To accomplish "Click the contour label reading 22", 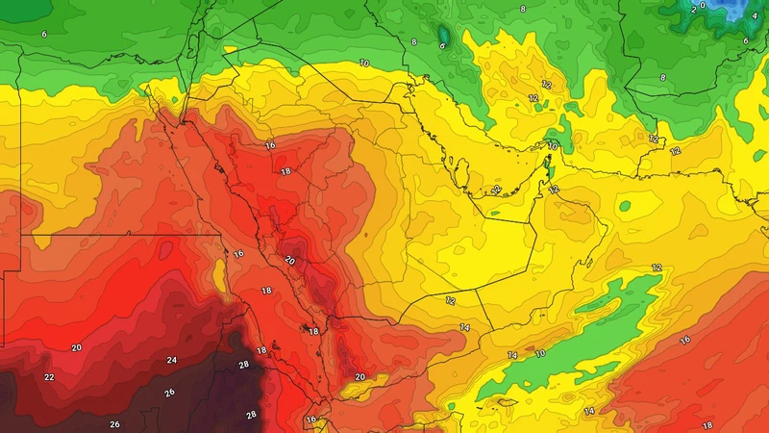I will [49, 376].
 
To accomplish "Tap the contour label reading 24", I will [171, 360].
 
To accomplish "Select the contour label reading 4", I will [755, 16].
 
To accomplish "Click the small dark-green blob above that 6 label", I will [443, 33].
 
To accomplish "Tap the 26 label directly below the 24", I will [170, 393].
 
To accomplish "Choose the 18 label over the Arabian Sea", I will [707, 424].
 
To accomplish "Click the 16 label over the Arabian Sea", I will [685, 340].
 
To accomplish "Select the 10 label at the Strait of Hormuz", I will [553, 145].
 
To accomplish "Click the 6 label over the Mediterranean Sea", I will [44, 34].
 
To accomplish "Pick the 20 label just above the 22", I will [76, 346].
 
